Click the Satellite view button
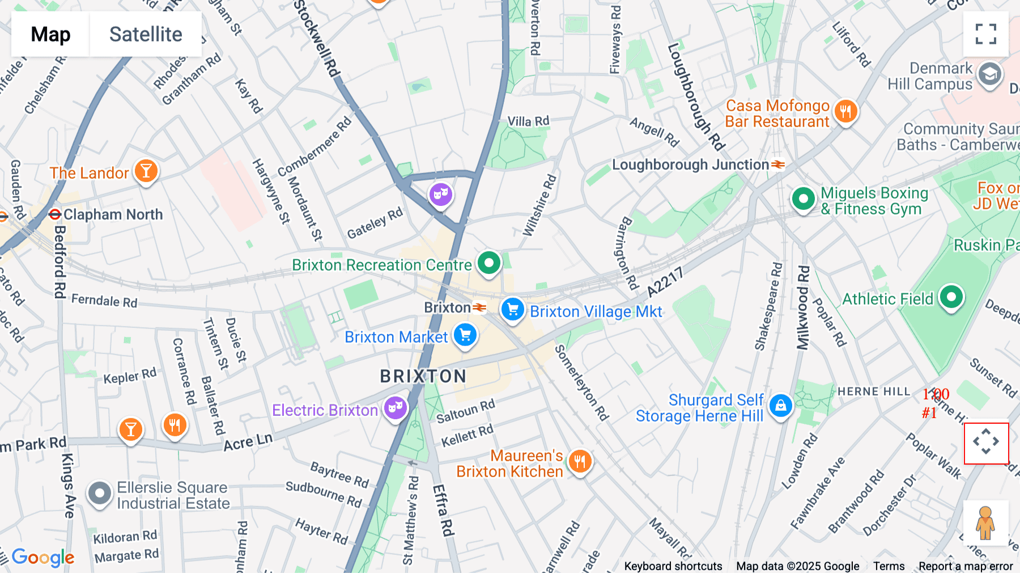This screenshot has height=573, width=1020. pyautogui.click(x=146, y=34)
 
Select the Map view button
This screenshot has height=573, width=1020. pyautogui.click(x=50, y=34)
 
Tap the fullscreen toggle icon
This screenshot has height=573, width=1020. pyautogui.click(x=985, y=34)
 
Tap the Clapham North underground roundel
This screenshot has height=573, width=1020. pyautogui.click(x=55, y=214)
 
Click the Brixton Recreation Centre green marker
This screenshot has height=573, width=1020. pyautogui.click(x=489, y=263)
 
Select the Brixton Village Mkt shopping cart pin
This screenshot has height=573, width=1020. pyautogui.click(x=513, y=310)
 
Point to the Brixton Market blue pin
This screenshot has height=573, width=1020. pyautogui.click(x=465, y=335)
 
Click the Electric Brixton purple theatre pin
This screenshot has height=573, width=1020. pyautogui.click(x=396, y=408)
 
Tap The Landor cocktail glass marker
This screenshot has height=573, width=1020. pyautogui.click(x=146, y=171)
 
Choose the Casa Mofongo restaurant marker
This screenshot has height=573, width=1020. pyautogui.click(x=845, y=111)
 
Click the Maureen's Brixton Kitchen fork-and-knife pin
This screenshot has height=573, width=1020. pyautogui.click(x=579, y=461)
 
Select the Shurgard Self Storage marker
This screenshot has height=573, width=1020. pyautogui.click(x=780, y=406)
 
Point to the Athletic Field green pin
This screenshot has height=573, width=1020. pyautogui.click(x=951, y=297)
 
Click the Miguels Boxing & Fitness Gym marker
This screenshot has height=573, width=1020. pyautogui.click(x=803, y=199)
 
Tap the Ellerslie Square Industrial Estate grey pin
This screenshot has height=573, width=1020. pyautogui.click(x=100, y=494)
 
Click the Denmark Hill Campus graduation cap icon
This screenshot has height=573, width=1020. pyautogui.click(x=989, y=74)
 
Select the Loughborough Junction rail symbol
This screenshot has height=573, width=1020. pyautogui.click(x=778, y=165)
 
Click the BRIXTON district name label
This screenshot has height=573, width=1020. pyautogui.click(x=423, y=376)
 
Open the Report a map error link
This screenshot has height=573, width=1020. pyautogui.click(x=966, y=566)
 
